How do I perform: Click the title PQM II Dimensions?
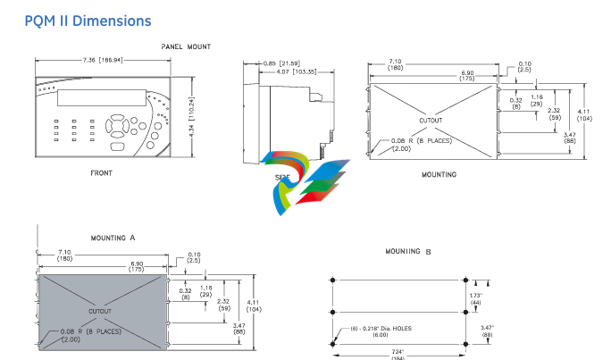pyautogui.click(x=88, y=21)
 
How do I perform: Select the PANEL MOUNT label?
pyautogui.click(x=186, y=46)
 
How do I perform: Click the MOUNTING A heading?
pyautogui.click(x=113, y=239)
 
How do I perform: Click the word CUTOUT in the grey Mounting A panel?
pyautogui.click(x=100, y=311)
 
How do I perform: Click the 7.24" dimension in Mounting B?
pyautogui.click(x=400, y=350)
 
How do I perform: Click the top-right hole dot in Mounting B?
pyautogui.click(x=466, y=280)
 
